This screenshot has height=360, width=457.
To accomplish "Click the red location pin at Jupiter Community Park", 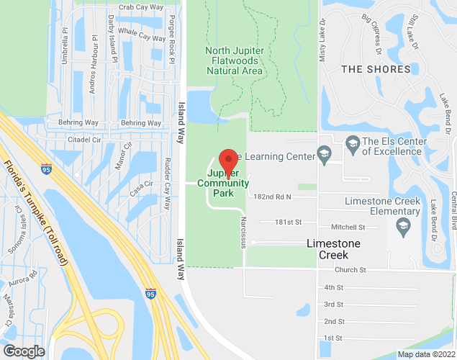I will (x=228, y=159).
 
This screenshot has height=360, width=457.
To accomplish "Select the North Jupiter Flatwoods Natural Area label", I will (x=235, y=60).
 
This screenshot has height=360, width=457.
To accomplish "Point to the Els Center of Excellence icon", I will (x=353, y=146).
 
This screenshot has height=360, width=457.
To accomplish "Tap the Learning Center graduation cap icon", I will (x=325, y=155).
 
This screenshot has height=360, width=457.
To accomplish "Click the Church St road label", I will (x=350, y=270).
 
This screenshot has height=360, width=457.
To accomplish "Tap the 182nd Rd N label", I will (x=273, y=196).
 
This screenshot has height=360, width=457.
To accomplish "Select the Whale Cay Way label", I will (x=142, y=35).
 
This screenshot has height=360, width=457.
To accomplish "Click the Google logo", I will (x=23, y=351).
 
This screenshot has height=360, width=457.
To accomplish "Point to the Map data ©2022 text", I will (x=426, y=354).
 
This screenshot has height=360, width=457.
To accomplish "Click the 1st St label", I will (x=333, y=338).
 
